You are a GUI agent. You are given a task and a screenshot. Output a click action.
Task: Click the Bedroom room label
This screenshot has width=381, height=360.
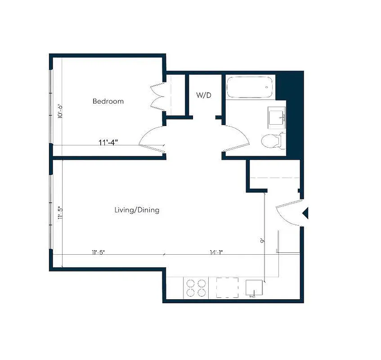click(108, 101)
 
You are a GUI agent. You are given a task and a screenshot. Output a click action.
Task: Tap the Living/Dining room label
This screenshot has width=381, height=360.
click(136, 210)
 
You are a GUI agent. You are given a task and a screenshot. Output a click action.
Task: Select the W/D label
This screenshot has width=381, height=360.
click(204, 95)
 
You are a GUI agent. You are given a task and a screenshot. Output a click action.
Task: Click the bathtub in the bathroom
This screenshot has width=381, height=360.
click(249, 87)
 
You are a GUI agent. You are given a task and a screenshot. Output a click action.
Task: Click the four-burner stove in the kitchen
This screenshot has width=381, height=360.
click(196, 288)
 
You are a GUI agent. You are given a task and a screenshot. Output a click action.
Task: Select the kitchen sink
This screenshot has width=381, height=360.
click(254, 288)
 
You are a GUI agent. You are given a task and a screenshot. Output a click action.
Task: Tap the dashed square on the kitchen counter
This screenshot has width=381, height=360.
click(227, 288)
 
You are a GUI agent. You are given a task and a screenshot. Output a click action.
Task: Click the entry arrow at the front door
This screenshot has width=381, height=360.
click(305, 213)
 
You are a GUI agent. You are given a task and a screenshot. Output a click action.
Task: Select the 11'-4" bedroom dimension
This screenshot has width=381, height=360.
click(108, 143)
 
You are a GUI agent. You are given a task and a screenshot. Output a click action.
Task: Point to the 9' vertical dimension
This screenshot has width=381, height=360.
click(262, 241)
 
